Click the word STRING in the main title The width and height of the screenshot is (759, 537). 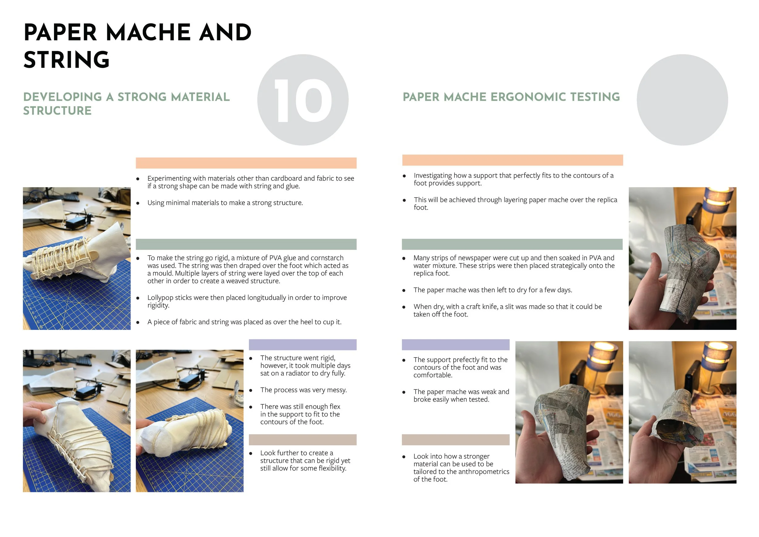[66, 60]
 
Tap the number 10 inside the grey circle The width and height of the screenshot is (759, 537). [303, 101]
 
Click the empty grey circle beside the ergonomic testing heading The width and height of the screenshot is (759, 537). [682, 100]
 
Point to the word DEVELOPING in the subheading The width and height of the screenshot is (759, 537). [63, 97]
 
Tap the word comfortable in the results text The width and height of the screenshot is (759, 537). [433, 375]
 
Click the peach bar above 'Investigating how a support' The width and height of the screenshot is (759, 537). [512, 160]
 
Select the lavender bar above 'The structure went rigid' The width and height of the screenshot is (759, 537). [302, 344]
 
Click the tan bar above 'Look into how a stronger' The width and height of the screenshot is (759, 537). [455, 440]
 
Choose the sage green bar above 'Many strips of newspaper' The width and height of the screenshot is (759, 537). [512, 245]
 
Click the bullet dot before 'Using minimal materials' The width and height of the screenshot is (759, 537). [138, 203]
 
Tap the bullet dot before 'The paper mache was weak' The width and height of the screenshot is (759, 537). [404, 392]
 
